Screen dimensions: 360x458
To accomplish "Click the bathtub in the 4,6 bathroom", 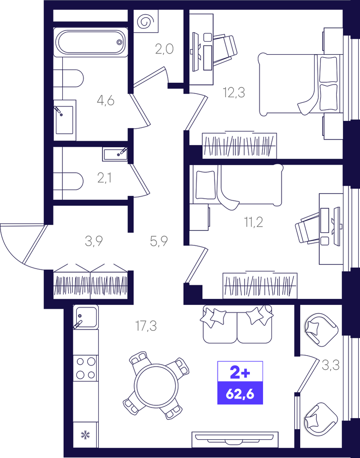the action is [x=91, y=42].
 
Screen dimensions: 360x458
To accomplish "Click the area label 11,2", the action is [x=253, y=222].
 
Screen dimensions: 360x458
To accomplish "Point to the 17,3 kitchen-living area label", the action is [x=146, y=326].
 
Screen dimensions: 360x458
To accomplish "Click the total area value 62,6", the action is [x=240, y=394].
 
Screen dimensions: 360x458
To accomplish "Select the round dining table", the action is [x=156, y=385].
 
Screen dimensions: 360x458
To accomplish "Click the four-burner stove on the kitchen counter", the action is [x=86, y=368].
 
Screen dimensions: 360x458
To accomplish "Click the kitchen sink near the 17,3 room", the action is [x=86, y=317].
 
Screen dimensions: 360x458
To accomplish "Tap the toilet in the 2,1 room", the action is [x=69, y=181].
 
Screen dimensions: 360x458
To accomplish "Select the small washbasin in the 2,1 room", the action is [x=115, y=154].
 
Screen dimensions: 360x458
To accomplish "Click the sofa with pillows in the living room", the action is [x=237, y=324].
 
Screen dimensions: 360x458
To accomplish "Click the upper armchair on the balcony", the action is [x=321, y=330].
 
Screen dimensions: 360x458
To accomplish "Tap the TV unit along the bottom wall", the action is [x=235, y=440].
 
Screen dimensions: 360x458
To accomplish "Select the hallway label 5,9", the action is [x=159, y=241].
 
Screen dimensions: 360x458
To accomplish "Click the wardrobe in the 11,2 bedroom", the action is [x=260, y=285].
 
